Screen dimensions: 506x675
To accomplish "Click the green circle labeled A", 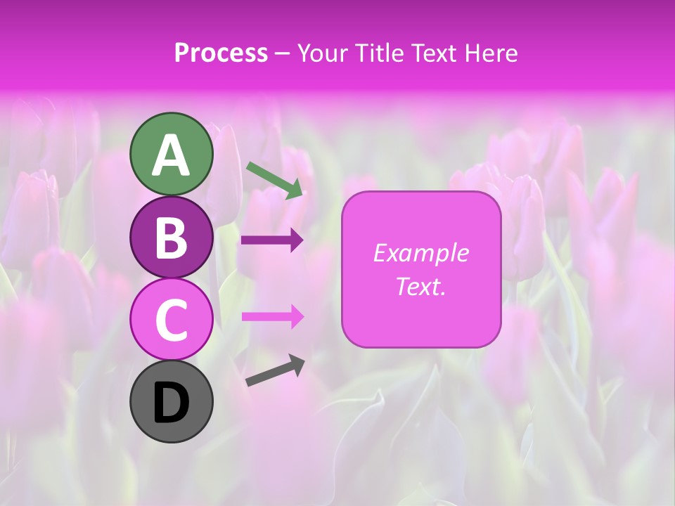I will pos(172,154).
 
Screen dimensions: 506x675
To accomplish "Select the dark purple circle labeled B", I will pos(172,237).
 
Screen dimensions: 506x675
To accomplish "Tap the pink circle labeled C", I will pos(172,319).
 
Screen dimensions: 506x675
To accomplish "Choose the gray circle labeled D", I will pos(172,401).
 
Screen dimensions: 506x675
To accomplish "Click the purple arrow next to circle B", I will pos(272,240).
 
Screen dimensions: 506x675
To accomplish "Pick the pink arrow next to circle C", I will pos(272,316).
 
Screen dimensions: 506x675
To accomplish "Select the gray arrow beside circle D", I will pos(275,370).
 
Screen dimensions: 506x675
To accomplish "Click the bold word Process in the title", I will pos(221,53).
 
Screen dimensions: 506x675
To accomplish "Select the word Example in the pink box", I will pos(420,253).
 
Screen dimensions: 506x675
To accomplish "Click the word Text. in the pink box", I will pos(420,286).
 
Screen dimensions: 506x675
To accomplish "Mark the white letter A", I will pos(172,155).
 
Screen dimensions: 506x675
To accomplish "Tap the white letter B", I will pos(172,238).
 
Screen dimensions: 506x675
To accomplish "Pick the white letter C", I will pos(172,320).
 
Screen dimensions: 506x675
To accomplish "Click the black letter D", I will pos(172,403).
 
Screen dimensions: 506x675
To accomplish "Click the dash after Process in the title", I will pos(282,54).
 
